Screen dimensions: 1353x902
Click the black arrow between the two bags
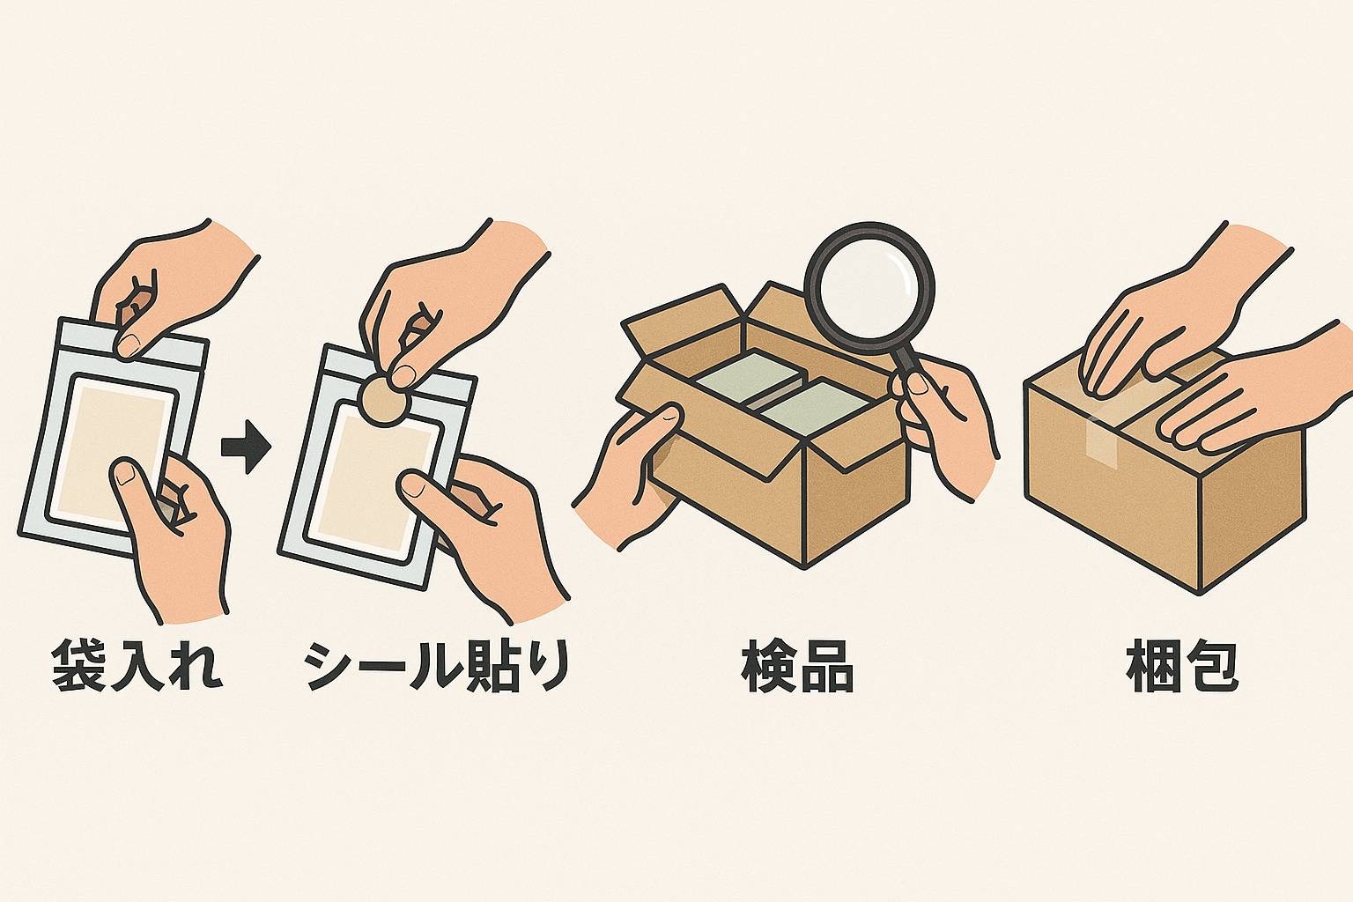[246, 448]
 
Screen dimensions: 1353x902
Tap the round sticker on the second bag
[384, 400]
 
